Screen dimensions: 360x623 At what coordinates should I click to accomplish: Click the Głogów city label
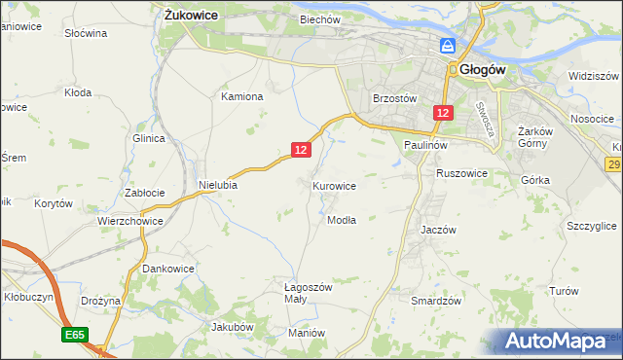coord(479,69)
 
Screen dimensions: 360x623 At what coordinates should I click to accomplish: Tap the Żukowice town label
coord(191,16)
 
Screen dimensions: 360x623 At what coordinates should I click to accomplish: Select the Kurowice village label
coord(334,185)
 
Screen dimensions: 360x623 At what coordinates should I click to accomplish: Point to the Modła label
coord(342,220)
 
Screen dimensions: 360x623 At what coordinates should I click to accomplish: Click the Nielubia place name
coord(218,184)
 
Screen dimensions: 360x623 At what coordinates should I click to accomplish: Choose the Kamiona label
coord(242,96)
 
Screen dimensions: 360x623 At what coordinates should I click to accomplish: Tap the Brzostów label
coord(395,98)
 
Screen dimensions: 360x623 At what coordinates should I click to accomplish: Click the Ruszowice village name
coord(461,173)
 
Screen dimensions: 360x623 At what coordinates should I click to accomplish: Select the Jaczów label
coord(438,230)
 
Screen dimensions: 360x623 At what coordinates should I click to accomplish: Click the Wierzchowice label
coord(129,221)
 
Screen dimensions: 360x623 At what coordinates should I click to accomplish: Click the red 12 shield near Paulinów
coord(443,114)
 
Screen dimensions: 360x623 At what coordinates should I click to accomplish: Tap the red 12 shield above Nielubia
coord(300,149)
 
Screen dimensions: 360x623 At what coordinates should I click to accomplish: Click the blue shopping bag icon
coord(448,46)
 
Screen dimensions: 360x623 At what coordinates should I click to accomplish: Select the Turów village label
coord(564,291)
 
